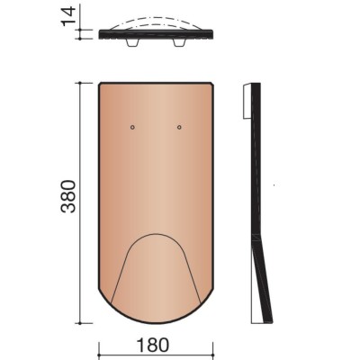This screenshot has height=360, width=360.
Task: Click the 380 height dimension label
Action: pos(68,196)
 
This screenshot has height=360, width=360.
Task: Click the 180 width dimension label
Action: pos(153,346)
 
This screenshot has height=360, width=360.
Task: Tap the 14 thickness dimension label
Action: pos(68,16)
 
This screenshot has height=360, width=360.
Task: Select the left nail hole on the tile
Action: pos(132,127)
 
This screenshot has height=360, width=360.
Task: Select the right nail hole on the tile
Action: pos(179,127)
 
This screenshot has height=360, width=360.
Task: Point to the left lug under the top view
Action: pos(132,42)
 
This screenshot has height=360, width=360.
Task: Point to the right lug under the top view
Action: pos(179,42)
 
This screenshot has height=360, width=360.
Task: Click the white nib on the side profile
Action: pos(247,101)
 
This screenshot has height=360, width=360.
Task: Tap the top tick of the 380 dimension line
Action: pos(80,83)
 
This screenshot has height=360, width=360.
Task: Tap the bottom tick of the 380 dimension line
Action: pos(80,323)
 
